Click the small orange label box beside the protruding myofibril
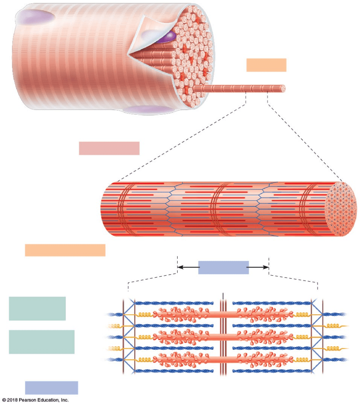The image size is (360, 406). coord(266,65)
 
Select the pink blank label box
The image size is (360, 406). coord(109,148)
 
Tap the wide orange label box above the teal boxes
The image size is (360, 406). coord(65,250)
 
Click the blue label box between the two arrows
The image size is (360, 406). coord(223,268)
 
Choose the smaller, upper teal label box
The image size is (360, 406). coord(37,308)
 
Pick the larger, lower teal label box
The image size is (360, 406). coord(41,342)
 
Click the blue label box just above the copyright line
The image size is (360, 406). coord(51,388)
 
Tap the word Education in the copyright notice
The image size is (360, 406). coord(49,400)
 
